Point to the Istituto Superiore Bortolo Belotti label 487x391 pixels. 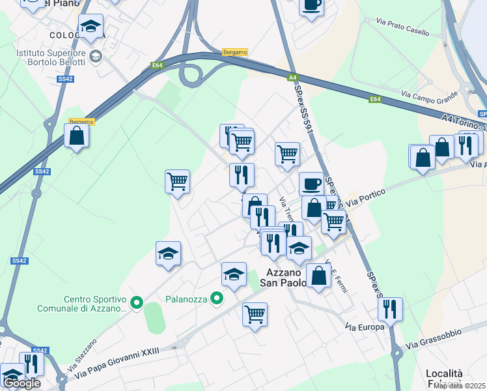[x=53, y=57]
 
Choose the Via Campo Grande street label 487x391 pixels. [x=429, y=96]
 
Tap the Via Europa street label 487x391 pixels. [x=365, y=326]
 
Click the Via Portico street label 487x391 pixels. [x=366, y=197]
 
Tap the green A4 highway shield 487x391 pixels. [x=293, y=78]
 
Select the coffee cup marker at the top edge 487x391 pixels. [x=311, y=5]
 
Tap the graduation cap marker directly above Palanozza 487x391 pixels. [x=234, y=273]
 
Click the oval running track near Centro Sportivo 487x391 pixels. [x=154, y=319]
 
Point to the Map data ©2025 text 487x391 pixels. [x=460, y=386]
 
